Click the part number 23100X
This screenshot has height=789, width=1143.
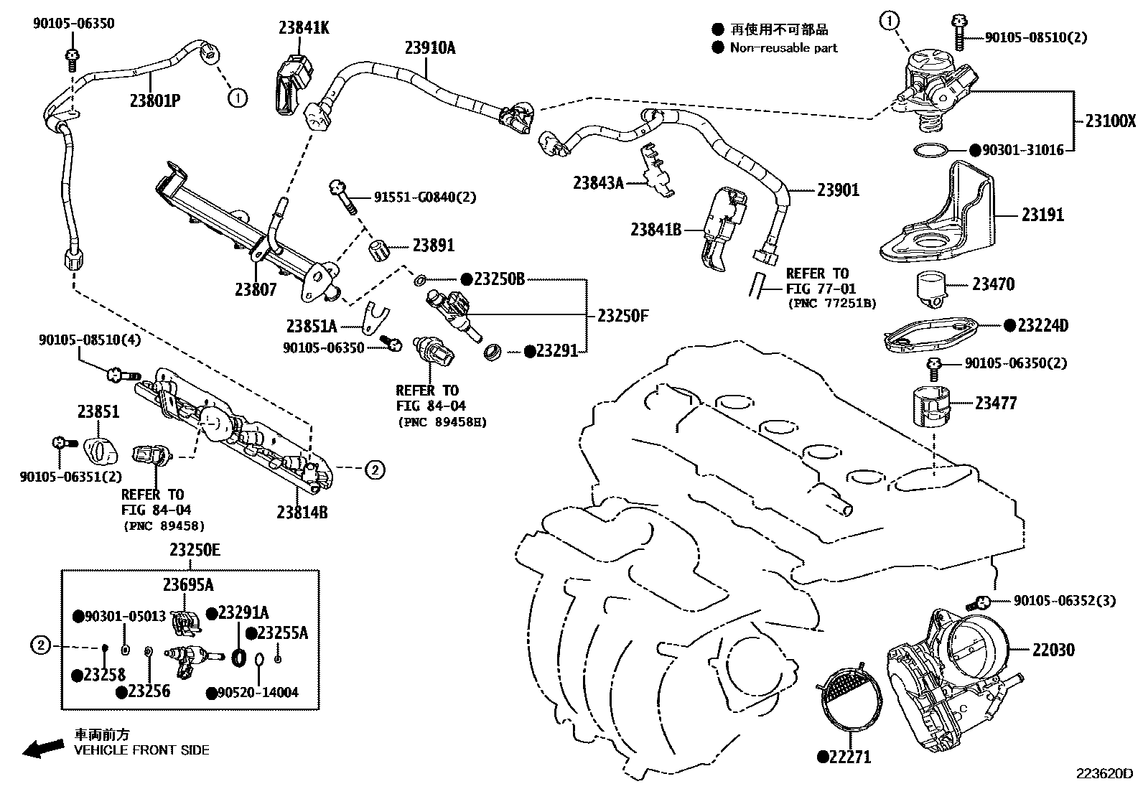tap(1110, 121)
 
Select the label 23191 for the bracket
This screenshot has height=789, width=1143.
tap(1042, 215)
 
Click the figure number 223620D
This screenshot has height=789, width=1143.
tap(1103, 774)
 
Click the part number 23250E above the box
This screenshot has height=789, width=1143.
tap(195, 551)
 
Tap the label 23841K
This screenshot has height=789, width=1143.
tap(304, 28)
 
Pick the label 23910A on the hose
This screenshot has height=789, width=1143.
tap(430, 48)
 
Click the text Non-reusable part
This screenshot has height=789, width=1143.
tap(783, 48)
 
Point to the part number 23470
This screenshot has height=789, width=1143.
tap(993, 284)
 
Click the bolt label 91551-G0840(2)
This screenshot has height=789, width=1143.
tap(424, 197)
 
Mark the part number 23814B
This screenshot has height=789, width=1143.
tap(302, 512)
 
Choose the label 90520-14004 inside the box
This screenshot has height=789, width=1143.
tap(258, 693)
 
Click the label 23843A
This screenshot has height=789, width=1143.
tap(598, 182)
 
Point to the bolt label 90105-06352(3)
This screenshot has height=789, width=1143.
tap(1065, 600)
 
